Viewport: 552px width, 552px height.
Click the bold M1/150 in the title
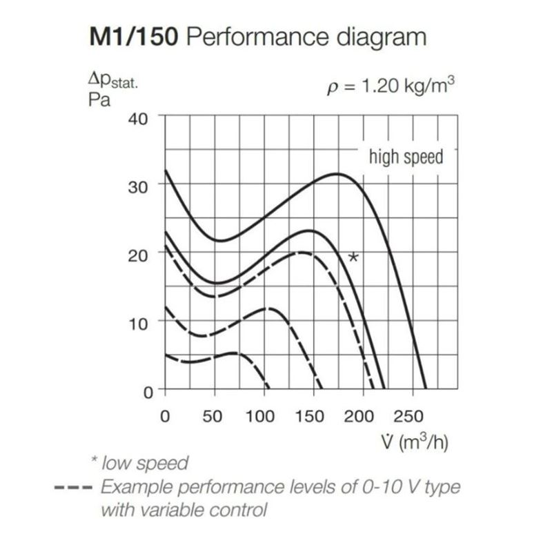(x=134, y=37)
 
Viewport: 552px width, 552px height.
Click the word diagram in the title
(x=382, y=38)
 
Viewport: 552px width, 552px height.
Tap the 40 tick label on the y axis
(x=138, y=119)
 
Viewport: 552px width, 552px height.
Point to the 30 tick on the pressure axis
(x=138, y=187)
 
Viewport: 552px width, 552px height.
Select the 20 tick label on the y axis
(x=138, y=255)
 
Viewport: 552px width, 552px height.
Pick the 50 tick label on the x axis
(x=213, y=417)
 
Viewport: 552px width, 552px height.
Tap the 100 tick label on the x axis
(x=260, y=417)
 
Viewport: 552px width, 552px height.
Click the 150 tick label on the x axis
(x=309, y=417)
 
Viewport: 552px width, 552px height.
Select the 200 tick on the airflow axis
(x=359, y=417)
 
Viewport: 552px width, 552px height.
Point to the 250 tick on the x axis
(x=408, y=417)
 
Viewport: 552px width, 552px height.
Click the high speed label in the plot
(x=406, y=157)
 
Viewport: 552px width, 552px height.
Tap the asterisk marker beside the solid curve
(x=353, y=257)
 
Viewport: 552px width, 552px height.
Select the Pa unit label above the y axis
(x=99, y=100)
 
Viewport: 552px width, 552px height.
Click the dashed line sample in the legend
(x=73, y=488)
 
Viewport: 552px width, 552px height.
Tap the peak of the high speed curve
(x=337, y=174)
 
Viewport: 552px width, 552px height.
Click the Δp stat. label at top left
(x=113, y=81)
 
